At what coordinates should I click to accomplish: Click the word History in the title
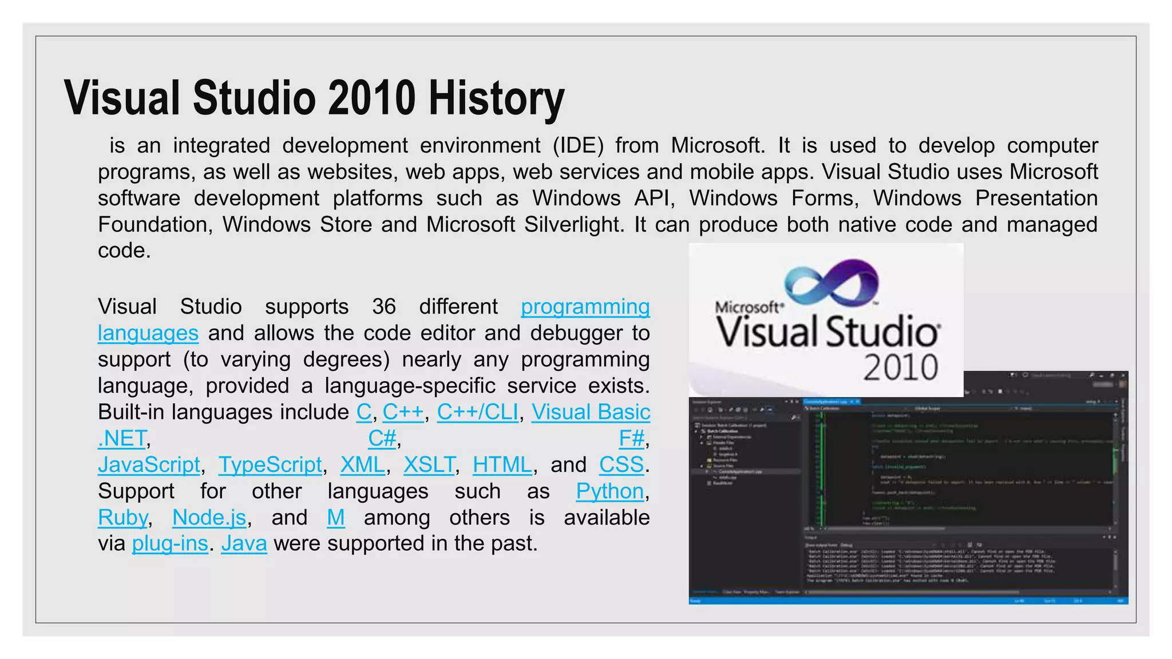pyautogui.click(x=496, y=99)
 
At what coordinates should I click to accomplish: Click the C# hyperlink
pyautogui.click(x=382, y=439)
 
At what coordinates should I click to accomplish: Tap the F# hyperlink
pyautogui.click(x=631, y=439)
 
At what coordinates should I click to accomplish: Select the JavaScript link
pyautogui.click(x=149, y=465)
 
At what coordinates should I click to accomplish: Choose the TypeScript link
pyautogui.click(x=270, y=465)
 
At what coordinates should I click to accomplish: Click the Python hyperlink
pyautogui.click(x=609, y=491)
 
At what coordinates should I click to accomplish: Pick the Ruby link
pyautogui.click(x=122, y=518)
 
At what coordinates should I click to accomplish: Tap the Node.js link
pyautogui.click(x=209, y=518)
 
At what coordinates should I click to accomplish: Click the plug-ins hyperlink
pyautogui.click(x=170, y=543)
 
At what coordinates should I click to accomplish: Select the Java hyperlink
pyautogui.click(x=244, y=543)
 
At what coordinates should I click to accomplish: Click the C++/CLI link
pyautogui.click(x=477, y=412)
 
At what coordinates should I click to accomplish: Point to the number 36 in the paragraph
pyautogui.click(x=383, y=307)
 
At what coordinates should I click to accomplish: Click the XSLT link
pyautogui.click(x=429, y=465)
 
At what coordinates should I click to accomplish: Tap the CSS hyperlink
pyautogui.click(x=621, y=465)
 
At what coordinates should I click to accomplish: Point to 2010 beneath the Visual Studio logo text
pyautogui.click(x=900, y=368)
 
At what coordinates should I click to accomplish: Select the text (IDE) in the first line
pyautogui.click(x=578, y=146)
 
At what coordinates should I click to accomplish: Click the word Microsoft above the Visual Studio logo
pyautogui.click(x=747, y=307)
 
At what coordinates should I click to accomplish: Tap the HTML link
pyautogui.click(x=502, y=465)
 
